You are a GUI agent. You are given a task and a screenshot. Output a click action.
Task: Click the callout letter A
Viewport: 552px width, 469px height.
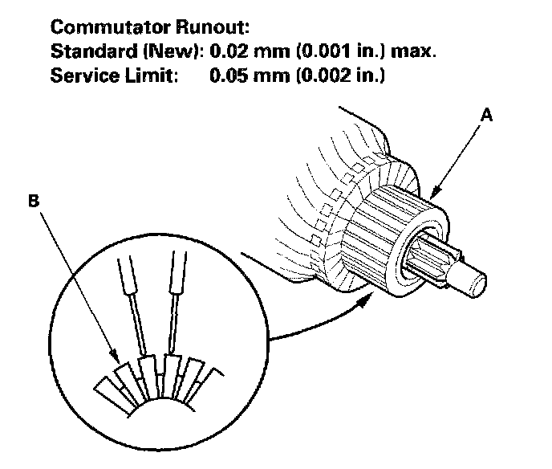click(486, 116)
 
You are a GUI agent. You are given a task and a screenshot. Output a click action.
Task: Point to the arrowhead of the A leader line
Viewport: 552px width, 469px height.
click(434, 195)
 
